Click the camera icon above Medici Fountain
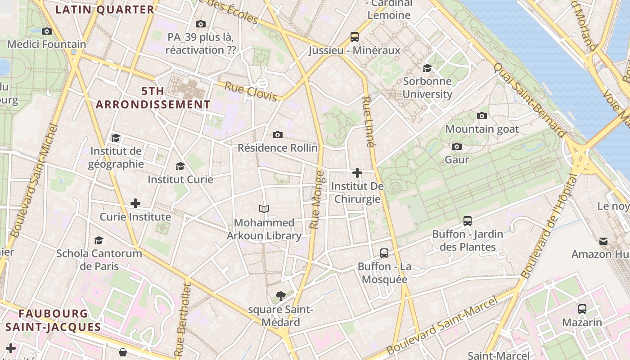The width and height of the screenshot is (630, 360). (x=46, y=31)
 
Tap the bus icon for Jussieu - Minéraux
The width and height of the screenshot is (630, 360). (x=355, y=37)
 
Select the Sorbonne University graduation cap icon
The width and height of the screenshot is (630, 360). (x=427, y=68)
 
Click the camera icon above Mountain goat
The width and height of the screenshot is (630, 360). (x=482, y=116)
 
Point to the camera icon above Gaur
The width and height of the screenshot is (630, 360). (x=457, y=146)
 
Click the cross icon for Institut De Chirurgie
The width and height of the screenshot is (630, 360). (x=357, y=172)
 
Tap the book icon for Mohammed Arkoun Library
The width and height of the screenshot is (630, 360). (x=264, y=209)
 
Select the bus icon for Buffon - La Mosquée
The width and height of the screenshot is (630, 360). (x=384, y=253)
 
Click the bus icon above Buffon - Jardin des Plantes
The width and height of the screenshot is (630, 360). (x=468, y=220)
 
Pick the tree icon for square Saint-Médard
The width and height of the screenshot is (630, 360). (x=281, y=296)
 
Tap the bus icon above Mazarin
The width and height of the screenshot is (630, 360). (x=582, y=309)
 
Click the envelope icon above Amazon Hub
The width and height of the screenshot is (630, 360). (x=603, y=241)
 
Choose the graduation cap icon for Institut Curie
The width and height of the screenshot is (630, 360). (x=180, y=166)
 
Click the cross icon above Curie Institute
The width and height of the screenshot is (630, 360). (x=135, y=203)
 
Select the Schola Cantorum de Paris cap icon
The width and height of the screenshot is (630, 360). (x=99, y=240)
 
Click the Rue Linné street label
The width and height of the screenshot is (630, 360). (x=368, y=122)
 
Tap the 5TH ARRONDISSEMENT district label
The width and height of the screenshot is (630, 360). (x=153, y=98)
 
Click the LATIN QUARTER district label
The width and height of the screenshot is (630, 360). (x=105, y=9)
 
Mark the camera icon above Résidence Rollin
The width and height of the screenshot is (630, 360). (x=278, y=135)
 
